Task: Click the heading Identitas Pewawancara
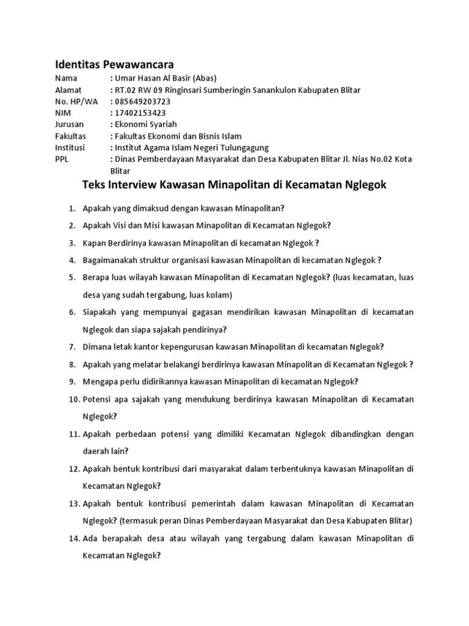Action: pos(114,64)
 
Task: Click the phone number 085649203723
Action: pos(142,101)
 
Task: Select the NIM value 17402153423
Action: pos(140,113)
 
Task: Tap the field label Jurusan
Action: pos(69,125)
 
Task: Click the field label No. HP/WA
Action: pos(76,101)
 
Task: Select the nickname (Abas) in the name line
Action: pos(205,78)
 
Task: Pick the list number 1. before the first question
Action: pos(71,208)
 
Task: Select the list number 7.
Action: pos(71,347)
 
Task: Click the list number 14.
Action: pos(73,539)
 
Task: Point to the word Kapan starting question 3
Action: pos(94,243)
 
